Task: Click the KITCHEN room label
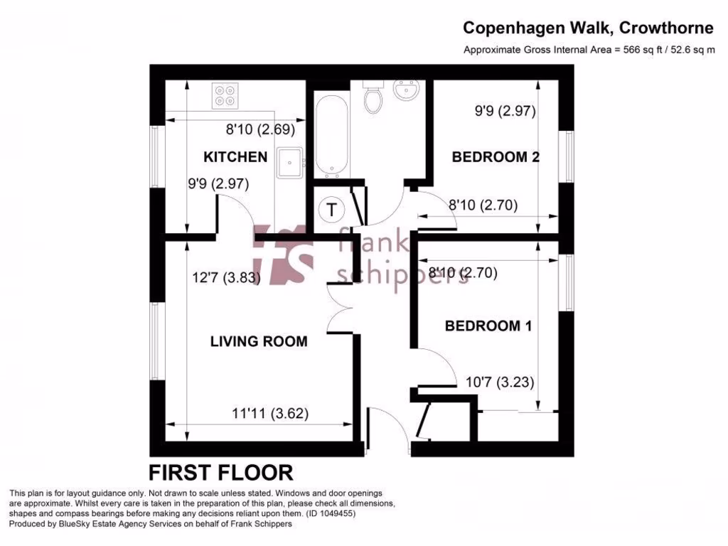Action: [x=235, y=157]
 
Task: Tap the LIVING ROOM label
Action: [x=259, y=341]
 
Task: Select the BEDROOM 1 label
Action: [x=488, y=326]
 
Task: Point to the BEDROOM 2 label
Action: [x=496, y=157]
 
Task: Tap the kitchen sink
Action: [x=291, y=163]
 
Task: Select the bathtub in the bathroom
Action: [x=331, y=136]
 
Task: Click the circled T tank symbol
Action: [x=331, y=209]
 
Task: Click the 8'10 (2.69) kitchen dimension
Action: [x=259, y=130]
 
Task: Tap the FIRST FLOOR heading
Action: [x=220, y=472]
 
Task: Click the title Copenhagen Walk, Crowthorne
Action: [x=588, y=28]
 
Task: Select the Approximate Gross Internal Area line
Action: [x=588, y=50]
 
